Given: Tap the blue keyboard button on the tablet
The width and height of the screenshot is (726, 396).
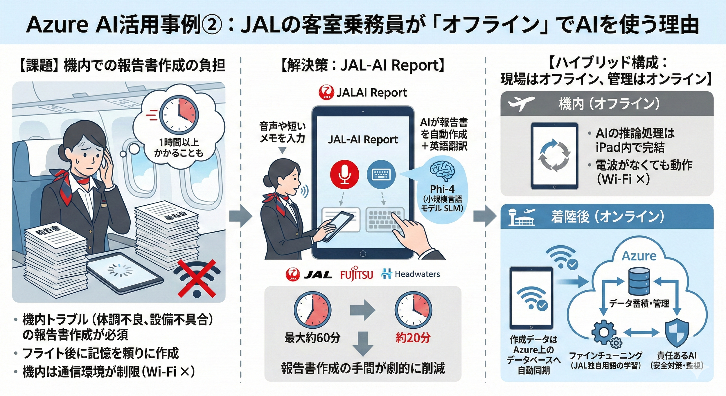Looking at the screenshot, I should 381,174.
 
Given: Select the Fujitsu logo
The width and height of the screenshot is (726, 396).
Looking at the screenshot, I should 357,274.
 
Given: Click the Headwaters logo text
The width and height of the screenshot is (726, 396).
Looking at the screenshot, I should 417,274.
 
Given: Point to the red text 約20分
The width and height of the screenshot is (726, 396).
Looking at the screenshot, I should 413,338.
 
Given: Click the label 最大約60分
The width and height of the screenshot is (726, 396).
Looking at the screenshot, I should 312,338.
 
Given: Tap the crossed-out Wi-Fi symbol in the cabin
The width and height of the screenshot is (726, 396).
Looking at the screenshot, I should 197,279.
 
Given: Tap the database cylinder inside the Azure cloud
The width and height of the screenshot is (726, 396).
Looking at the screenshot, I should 639,281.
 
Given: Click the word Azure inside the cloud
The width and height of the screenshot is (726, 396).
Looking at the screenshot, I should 639,256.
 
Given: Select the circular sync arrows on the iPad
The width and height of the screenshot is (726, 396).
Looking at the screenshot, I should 554,155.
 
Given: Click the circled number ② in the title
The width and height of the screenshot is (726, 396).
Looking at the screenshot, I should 212,25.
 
